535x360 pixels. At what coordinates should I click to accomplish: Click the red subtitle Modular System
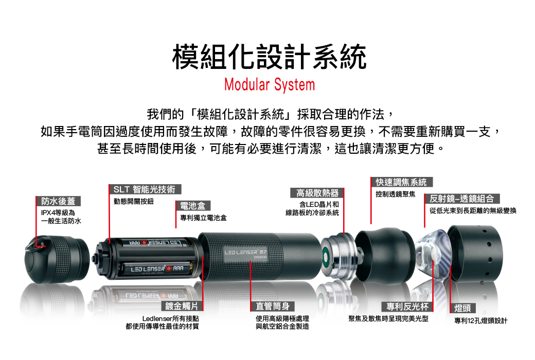[270, 85]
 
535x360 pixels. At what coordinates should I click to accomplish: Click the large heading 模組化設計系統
[269, 57]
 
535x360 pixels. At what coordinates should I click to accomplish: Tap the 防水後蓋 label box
[58, 201]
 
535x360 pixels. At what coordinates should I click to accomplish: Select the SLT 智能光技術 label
[145, 189]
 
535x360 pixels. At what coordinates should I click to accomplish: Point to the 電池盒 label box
[193, 206]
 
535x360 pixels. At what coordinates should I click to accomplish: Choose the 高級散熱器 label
[317, 193]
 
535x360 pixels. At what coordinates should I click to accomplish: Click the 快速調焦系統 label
[402, 182]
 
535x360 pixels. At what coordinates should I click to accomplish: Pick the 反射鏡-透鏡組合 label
[461, 199]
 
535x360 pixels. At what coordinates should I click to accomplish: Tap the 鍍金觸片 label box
[182, 306]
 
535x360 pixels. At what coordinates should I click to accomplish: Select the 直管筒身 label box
[273, 306]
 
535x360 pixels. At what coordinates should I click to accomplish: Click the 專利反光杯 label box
[407, 307]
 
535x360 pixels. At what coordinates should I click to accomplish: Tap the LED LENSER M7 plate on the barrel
[246, 254]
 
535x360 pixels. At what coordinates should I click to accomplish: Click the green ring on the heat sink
[326, 256]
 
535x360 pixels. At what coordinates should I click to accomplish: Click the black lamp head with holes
[475, 253]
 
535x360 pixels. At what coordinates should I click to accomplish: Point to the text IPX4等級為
[58, 212]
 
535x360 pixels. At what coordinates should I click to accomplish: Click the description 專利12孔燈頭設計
[481, 321]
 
